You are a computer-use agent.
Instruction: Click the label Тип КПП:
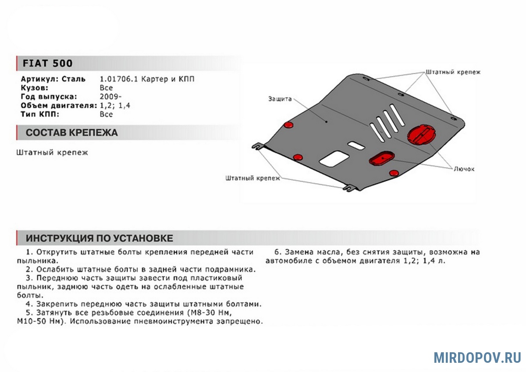pos(40,114)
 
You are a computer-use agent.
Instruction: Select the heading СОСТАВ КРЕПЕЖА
pos(71,133)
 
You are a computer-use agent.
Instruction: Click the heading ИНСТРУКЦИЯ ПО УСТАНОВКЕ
pos(99,238)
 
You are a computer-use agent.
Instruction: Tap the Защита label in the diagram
pos(280,99)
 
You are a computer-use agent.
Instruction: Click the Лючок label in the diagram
pos(464,168)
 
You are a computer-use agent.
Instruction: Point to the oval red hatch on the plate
pos(381,159)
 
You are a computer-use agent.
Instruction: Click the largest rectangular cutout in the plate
pos(334,158)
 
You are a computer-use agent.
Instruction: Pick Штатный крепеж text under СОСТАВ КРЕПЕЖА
pos(52,153)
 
